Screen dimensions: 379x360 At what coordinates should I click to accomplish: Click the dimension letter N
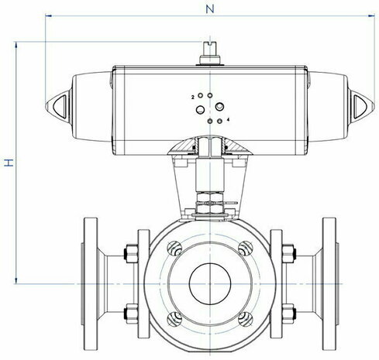pyautogui.click(x=210, y=9)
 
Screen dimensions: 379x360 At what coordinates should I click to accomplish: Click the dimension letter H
pyautogui.click(x=9, y=163)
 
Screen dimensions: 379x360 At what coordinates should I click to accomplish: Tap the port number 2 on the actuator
pyautogui.click(x=193, y=98)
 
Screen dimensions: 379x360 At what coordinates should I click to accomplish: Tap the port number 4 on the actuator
pyautogui.click(x=228, y=119)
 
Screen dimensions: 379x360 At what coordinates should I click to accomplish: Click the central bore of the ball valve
pyautogui.click(x=210, y=283)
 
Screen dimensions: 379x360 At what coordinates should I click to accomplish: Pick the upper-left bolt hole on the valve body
pyautogui.click(x=174, y=249)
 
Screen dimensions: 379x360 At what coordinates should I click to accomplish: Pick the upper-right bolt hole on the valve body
pyautogui.click(x=245, y=249)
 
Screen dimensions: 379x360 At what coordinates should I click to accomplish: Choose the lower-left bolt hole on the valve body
pyautogui.click(x=174, y=319)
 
